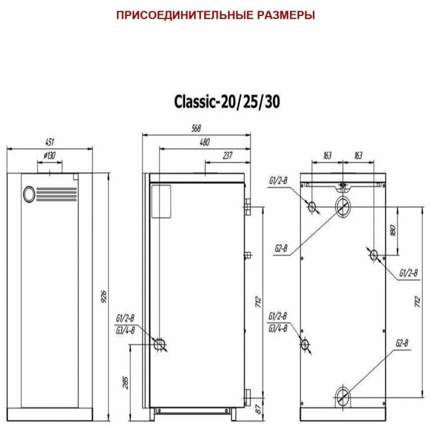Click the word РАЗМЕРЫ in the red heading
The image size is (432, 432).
[286, 15]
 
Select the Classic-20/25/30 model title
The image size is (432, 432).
[227, 102]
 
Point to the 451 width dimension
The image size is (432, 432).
[49, 142]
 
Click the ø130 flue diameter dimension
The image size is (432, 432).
[49, 156]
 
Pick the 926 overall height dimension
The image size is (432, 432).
[104, 297]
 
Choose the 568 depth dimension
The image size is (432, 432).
[196, 128]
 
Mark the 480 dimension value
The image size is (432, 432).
[204, 142]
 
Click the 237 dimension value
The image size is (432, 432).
[228, 156]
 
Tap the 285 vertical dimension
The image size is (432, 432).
[125, 382]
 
